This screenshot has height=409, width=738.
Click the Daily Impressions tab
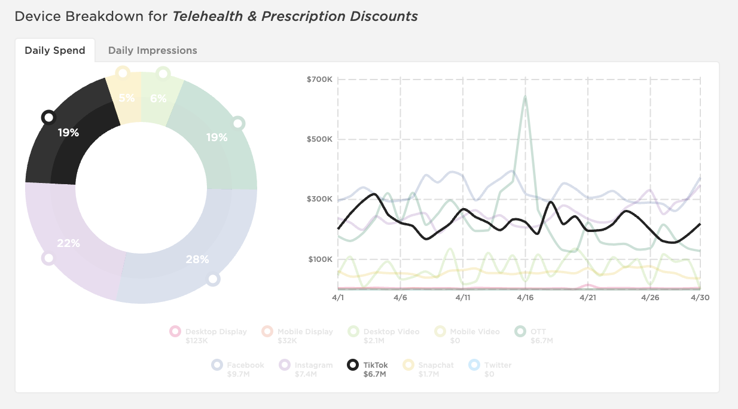point(152,50)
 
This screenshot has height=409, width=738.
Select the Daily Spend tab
point(55,50)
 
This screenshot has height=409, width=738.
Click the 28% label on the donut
point(197,260)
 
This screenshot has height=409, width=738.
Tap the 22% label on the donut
point(68,243)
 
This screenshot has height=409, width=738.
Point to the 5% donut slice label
point(126,98)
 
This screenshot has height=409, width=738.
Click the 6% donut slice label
point(158,98)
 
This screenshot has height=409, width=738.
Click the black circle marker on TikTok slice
point(48,117)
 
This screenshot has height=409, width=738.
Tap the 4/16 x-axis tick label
point(525,297)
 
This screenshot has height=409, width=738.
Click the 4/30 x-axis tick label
point(700,297)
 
